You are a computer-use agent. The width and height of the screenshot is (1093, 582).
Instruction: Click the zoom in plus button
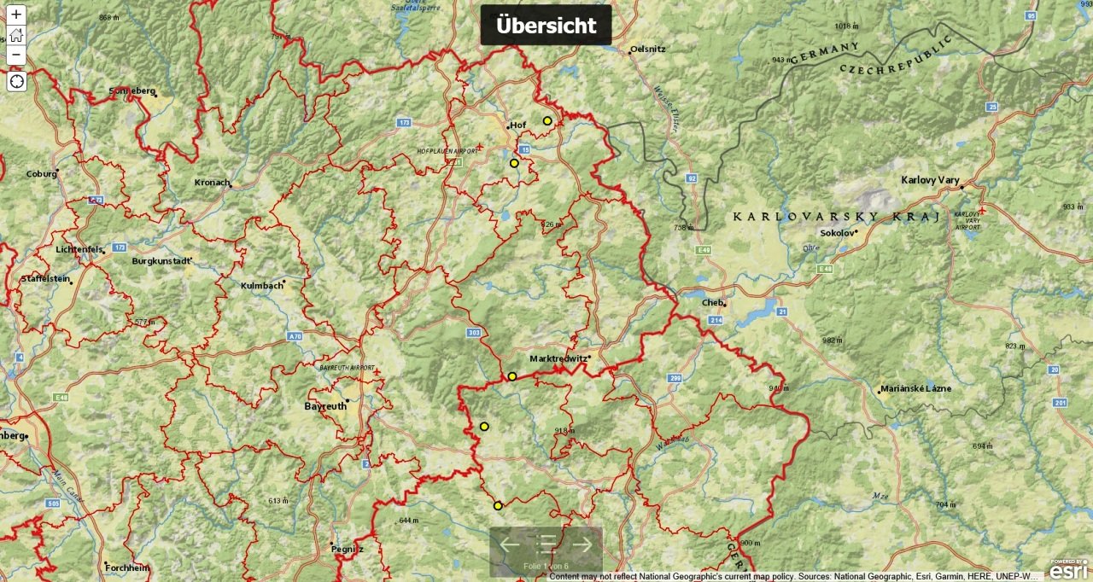[16, 15]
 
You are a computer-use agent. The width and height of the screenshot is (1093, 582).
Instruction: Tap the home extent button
[16, 35]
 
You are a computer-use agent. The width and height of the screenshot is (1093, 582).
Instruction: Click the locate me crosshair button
[16, 81]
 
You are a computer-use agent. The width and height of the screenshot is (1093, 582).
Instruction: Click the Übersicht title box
[546, 26]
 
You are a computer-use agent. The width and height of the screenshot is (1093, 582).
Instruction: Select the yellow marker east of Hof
[547, 121]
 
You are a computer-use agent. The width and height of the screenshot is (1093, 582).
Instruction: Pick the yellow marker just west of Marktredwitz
[512, 376]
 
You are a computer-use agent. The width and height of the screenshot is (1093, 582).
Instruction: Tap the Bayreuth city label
[325, 406]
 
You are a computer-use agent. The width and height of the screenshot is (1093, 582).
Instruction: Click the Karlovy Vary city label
[930, 180]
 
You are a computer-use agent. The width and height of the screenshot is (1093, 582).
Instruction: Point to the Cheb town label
[712, 302]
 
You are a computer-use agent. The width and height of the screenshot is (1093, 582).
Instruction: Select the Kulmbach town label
[261, 286]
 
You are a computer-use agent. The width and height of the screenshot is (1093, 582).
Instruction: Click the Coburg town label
[40, 174]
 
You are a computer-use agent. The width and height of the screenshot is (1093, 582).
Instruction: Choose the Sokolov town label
[836, 232]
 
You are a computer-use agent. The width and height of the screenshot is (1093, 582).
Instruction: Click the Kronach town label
[212, 182]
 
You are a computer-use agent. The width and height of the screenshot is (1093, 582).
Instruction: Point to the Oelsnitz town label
[648, 49]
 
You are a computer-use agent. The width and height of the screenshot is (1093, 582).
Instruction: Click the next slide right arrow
[582, 544]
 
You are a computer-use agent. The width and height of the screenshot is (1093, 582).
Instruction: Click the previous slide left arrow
[510, 544]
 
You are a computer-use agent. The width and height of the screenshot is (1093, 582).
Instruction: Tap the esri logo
[1068, 569]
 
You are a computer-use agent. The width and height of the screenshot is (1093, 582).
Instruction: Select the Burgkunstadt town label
[161, 261]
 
